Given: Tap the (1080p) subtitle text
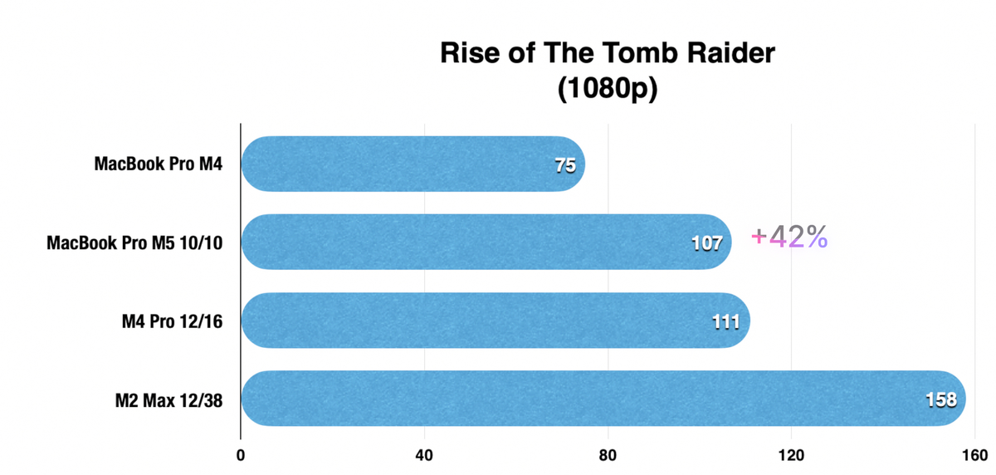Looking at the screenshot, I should click(x=606, y=89).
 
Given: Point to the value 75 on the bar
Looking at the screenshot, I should click(x=565, y=166).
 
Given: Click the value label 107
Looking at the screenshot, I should click(x=706, y=243).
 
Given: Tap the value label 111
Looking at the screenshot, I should click(x=725, y=321).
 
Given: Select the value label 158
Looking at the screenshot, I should click(x=941, y=399).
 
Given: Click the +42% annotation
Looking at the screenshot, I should click(x=789, y=237).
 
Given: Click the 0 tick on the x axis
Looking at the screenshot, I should click(x=241, y=456).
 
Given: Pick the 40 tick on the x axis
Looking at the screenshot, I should click(x=424, y=456).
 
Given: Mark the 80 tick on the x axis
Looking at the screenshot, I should click(x=608, y=456).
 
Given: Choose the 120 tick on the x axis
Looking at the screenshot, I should click(x=792, y=456).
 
